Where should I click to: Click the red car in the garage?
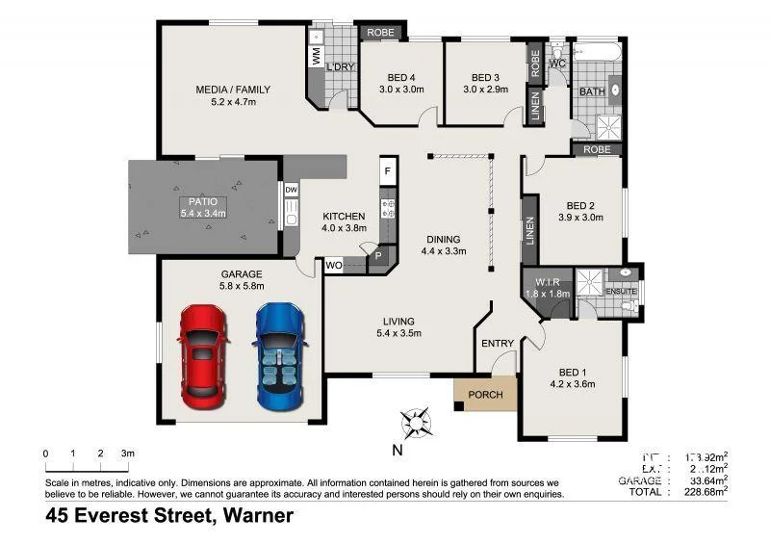pos(203,353)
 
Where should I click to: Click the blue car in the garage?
pos(280,353)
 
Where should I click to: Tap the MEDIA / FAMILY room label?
pos(233,90)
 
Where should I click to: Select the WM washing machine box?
pos(316,57)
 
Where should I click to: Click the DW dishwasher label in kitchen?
pos(291,191)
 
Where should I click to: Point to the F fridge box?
pos(388,171)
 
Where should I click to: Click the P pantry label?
pos(378,255)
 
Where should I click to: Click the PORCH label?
pos(486,395)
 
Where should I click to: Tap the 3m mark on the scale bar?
pos(127,453)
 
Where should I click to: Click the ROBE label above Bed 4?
pos(376,33)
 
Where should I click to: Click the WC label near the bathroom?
pos(556,64)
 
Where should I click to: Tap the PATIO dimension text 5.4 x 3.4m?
pos(202,213)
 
